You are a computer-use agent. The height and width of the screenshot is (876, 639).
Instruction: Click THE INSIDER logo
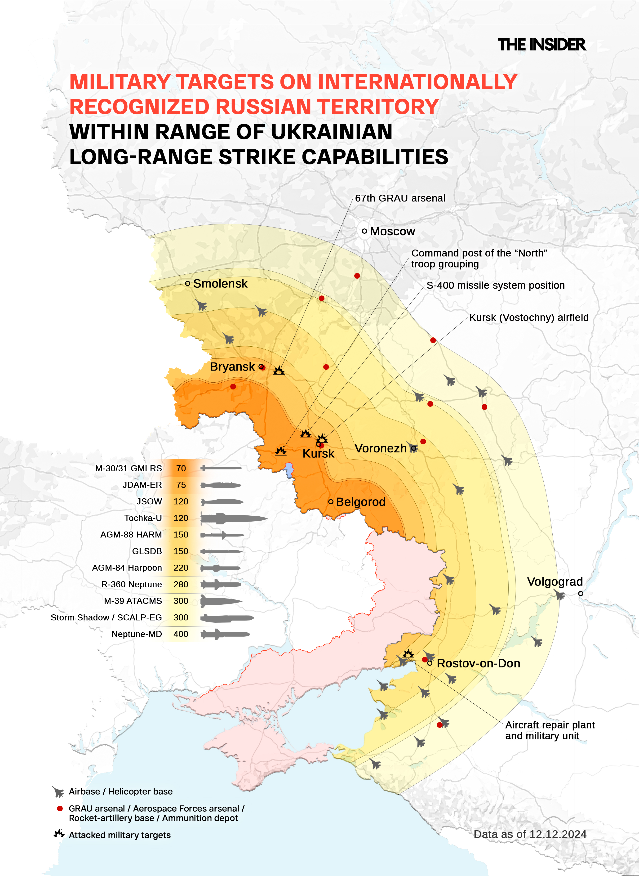(541, 45)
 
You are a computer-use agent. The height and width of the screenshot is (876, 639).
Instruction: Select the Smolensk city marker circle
(188, 283)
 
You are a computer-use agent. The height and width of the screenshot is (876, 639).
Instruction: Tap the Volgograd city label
(555, 581)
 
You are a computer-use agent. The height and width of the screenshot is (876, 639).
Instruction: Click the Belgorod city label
(360, 502)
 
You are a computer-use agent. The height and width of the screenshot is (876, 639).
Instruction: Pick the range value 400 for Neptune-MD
(181, 634)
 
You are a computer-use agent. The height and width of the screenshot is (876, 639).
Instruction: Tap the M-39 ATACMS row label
(133, 601)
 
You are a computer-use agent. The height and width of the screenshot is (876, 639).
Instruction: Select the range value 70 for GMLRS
(181, 468)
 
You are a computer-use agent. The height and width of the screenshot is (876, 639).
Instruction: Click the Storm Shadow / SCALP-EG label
(106, 617)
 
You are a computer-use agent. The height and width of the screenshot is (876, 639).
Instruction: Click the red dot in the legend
(60, 808)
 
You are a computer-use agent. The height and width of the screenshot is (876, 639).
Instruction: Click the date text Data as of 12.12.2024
(530, 834)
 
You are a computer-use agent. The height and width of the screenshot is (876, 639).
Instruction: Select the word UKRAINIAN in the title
(332, 132)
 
